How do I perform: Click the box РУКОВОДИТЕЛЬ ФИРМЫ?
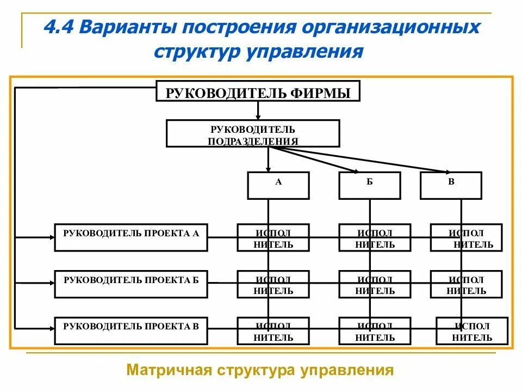click(x=258, y=91)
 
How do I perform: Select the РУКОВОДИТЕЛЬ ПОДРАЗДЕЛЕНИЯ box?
click(x=253, y=134)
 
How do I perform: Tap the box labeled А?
click(x=278, y=185)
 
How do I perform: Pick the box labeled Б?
click(x=370, y=185)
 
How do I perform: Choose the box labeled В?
click(x=451, y=185)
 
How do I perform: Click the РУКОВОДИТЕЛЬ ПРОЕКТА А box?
click(x=131, y=237)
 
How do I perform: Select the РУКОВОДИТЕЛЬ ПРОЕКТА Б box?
click(x=131, y=284)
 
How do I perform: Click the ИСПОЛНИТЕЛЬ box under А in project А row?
click(x=273, y=238)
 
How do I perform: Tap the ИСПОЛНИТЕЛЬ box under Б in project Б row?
click(x=375, y=284)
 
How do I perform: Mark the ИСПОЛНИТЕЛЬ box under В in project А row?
click(x=466, y=238)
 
